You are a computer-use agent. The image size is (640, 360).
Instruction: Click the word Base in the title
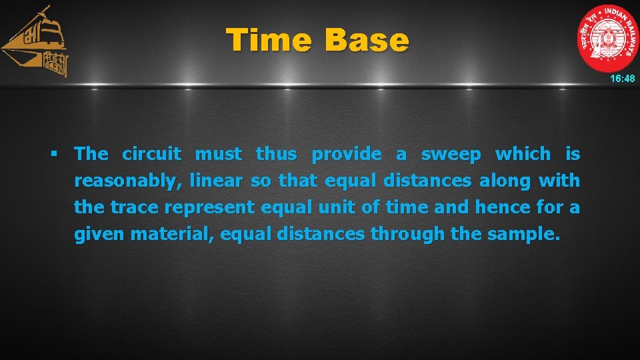[x=367, y=40]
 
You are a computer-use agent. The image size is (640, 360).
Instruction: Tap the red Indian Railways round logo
[x=607, y=38]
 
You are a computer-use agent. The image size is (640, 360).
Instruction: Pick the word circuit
[x=151, y=154]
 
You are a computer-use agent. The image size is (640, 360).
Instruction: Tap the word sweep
[x=451, y=154]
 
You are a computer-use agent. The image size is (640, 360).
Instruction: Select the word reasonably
[x=128, y=181]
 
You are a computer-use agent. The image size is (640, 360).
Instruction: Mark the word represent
[x=209, y=207]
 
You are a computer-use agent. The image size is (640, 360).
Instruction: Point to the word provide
[x=347, y=154]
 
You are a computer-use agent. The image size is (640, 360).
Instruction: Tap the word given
[x=100, y=234]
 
